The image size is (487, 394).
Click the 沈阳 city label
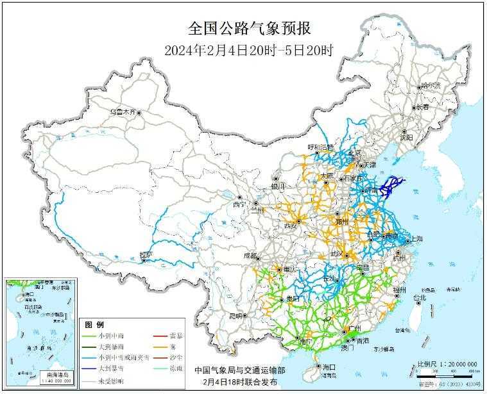pyautogui.click(x=406, y=136)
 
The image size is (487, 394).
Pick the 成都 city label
pyautogui.click(x=250, y=256)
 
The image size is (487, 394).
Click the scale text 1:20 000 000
pyautogui.click(x=456, y=364)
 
